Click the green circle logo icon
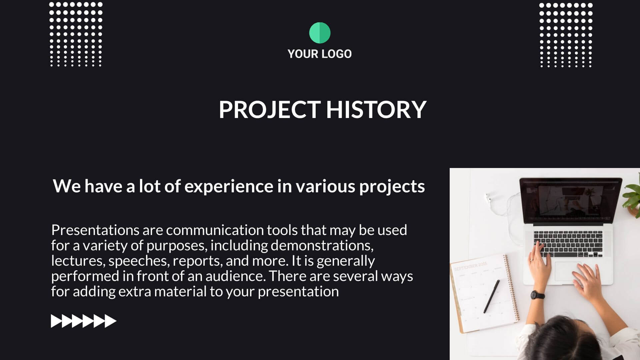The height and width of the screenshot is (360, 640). click(320, 33)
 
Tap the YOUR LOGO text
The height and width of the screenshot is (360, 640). click(320, 54)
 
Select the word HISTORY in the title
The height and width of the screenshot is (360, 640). click(376, 109)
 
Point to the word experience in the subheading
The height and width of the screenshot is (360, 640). click(229, 186)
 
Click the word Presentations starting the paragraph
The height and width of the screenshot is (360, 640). click(95, 230)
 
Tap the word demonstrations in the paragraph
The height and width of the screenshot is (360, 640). click(322, 245)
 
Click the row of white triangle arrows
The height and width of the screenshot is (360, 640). click(84, 321)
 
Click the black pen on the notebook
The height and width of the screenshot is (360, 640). click(492, 296)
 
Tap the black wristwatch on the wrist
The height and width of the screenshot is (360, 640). click(537, 295)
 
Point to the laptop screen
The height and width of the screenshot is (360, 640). click(571, 201)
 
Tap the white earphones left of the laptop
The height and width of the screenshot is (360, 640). click(500, 213)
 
